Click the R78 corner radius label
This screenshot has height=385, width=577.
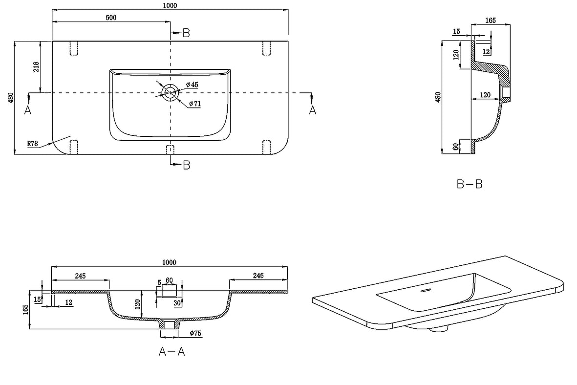[x=33, y=144]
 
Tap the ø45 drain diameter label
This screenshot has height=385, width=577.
[x=192, y=85]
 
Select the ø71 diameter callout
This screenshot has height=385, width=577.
[x=195, y=104]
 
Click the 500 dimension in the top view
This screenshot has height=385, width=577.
[x=111, y=17]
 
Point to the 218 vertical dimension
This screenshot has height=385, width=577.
[x=36, y=66]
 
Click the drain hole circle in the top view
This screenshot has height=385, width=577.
[x=171, y=92]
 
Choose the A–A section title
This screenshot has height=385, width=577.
[x=171, y=352]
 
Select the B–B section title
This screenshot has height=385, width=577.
[x=470, y=184]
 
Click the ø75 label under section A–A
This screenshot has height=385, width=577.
[x=195, y=333]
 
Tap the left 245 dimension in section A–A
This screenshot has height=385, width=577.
[x=80, y=276]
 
